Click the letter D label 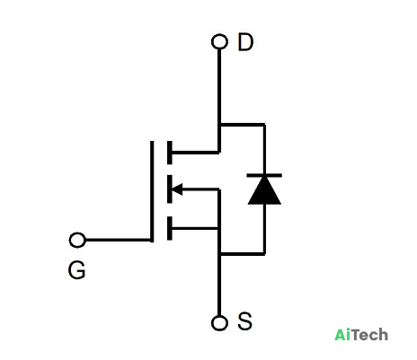coord(245,42)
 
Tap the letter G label coord(76,270)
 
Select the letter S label coord(244,321)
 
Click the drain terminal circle coord(219,41)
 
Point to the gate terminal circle coord(77,240)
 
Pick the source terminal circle coord(219,323)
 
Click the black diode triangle coord(264,190)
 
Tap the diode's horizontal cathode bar coord(264,175)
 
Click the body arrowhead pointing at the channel coord(177,189)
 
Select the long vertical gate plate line coord(152,191)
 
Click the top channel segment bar coord(170,153)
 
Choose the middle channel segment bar coord(170,189)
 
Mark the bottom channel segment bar coord(170,228)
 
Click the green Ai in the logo coord(342,335)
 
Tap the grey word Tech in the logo coord(369,335)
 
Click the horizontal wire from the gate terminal coord(118,240)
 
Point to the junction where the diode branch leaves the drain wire coord(219,124)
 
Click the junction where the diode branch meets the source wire coord(219,254)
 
